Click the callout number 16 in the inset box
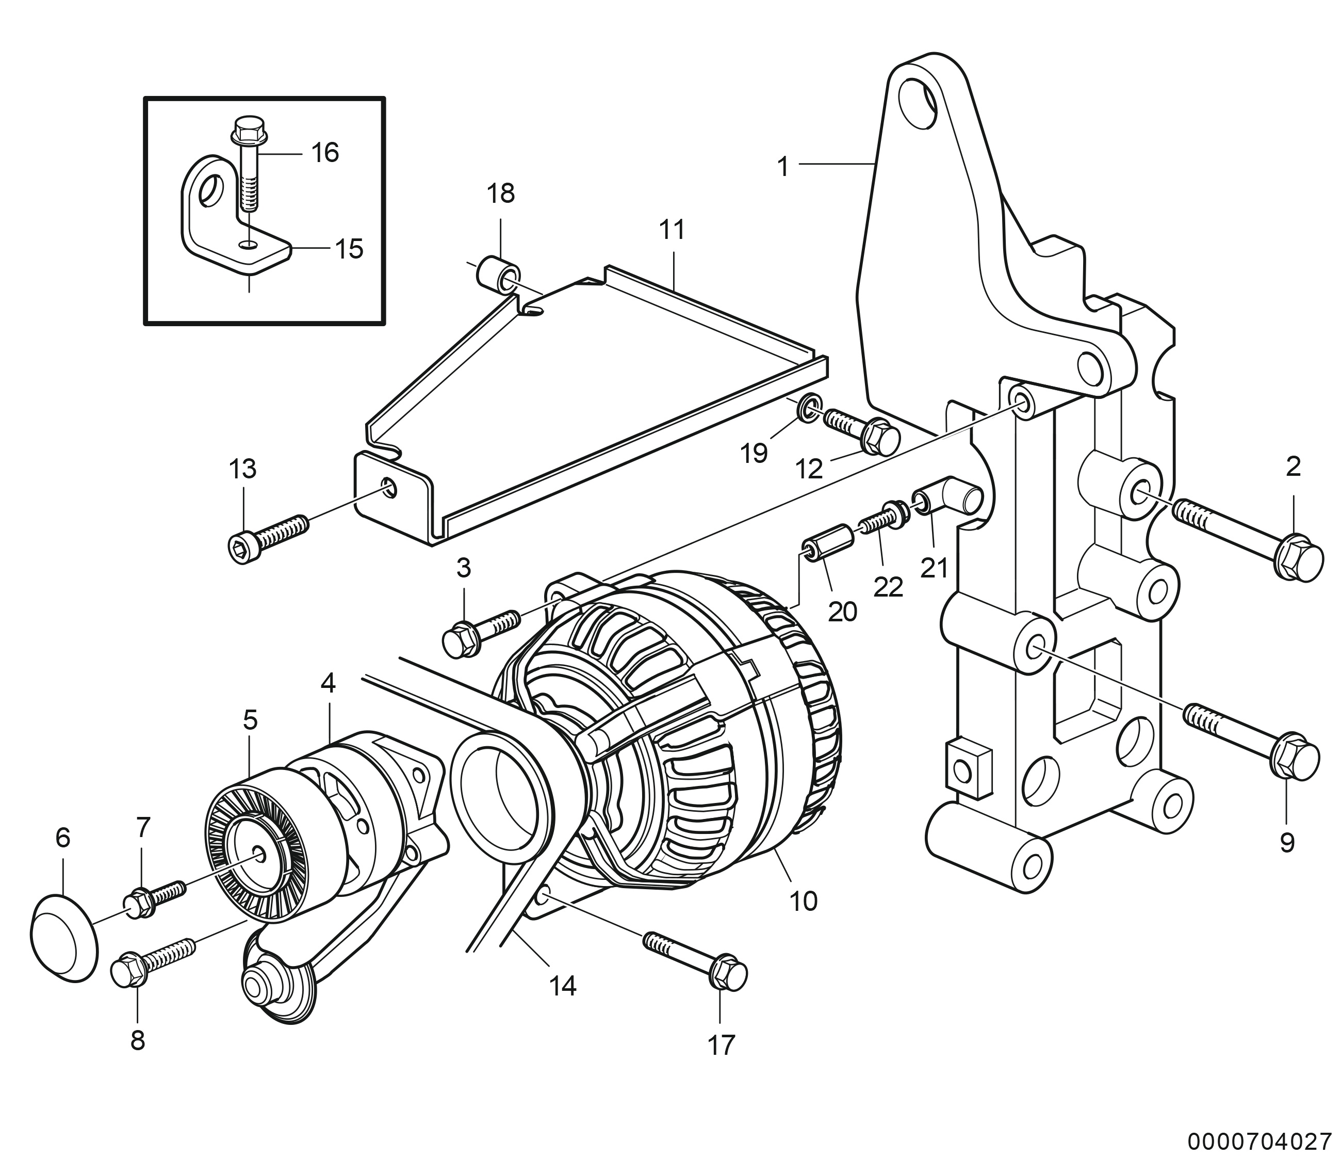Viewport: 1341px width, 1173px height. coord(325,153)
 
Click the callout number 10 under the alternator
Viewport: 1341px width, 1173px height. coord(803,902)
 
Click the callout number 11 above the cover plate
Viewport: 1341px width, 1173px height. coord(672,230)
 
